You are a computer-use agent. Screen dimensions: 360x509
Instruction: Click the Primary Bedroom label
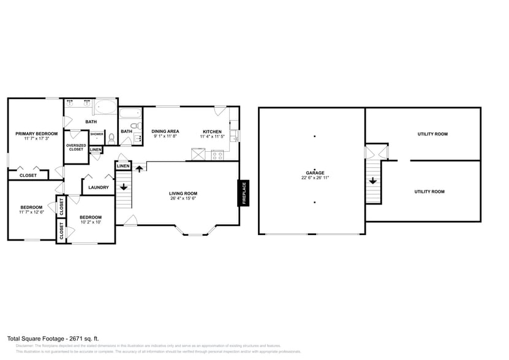coord(37,133)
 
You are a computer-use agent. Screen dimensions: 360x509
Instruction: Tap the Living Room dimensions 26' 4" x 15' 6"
coord(183,198)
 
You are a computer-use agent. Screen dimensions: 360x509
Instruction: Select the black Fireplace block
coord(244,193)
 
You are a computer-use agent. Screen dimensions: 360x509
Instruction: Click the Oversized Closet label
coord(76,147)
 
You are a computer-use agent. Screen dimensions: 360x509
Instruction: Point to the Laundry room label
coord(99,187)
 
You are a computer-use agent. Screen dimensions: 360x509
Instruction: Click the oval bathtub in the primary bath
coord(106,108)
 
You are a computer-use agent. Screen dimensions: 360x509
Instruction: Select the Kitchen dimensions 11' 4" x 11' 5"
coord(213,137)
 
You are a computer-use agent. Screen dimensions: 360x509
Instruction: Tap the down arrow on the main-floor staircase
coord(124,187)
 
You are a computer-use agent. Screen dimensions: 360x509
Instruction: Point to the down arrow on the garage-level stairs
coord(373,181)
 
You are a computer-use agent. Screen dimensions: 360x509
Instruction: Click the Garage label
coord(315,173)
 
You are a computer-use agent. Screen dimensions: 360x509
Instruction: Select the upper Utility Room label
coord(432,134)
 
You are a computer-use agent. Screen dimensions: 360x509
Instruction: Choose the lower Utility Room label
coord(429,192)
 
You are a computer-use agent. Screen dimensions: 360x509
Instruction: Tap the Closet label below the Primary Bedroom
coord(28,175)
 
